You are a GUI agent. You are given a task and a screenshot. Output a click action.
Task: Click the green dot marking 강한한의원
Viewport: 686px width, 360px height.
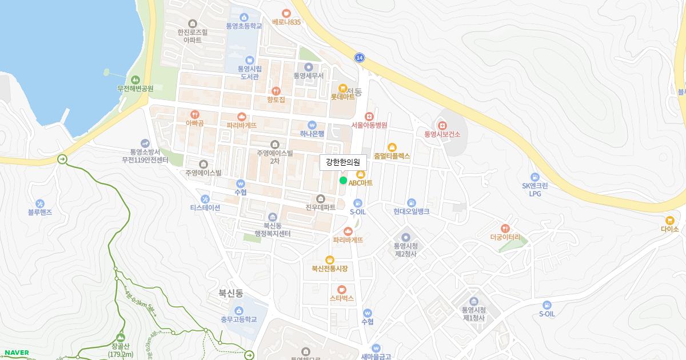click(x=343, y=181)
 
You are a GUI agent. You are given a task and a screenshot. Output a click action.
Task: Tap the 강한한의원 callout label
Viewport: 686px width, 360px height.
click(x=342, y=162)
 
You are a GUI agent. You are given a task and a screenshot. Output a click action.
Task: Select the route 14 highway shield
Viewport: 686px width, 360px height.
click(x=359, y=58)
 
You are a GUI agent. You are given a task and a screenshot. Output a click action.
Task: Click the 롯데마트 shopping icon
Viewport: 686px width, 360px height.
click(x=342, y=88)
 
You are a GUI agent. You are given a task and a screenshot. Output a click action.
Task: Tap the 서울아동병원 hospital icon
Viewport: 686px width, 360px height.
click(x=369, y=116)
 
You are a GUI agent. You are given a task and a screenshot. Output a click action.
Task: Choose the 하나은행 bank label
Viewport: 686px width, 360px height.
click(x=312, y=134)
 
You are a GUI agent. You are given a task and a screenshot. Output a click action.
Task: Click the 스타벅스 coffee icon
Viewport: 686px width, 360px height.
click(x=342, y=289)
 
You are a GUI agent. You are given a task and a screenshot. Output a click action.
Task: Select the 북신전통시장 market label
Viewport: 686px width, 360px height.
click(x=330, y=268)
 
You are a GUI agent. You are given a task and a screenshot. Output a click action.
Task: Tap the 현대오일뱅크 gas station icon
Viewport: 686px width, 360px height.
click(x=411, y=203)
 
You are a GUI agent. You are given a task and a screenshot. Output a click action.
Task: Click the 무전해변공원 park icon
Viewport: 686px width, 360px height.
click(x=135, y=79)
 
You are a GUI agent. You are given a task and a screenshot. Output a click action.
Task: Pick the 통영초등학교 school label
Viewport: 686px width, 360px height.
click(x=244, y=26)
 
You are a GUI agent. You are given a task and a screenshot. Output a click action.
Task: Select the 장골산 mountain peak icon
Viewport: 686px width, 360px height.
click(x=120, y=338)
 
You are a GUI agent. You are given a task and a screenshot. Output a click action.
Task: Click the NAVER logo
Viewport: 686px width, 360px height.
click(x=17, y=353)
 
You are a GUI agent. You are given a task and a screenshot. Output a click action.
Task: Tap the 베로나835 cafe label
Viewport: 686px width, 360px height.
click(x=286, y=22)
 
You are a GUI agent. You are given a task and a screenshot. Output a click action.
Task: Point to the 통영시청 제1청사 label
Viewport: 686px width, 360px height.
click(x=473, y=314)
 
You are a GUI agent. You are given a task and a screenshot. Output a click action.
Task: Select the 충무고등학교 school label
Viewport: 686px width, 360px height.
click(x=238, y=319)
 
